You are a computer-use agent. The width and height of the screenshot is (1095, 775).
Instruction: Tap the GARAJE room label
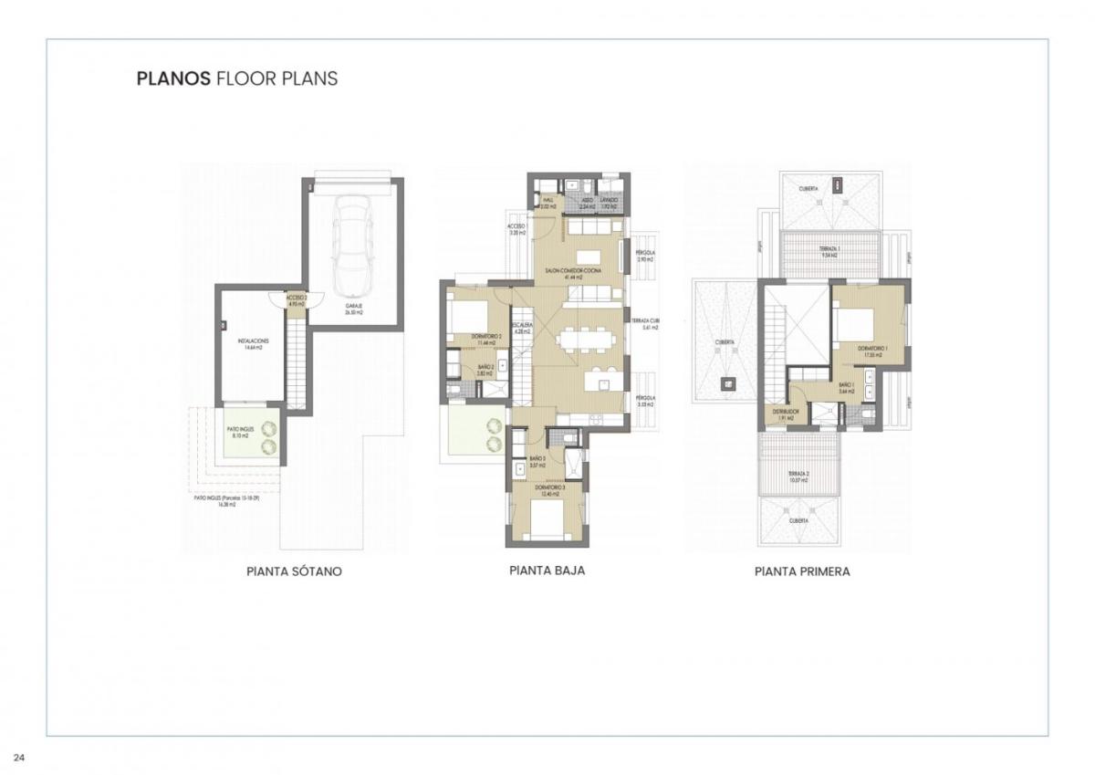coord(354,309)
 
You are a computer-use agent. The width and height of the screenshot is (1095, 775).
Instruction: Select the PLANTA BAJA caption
coord(547,571)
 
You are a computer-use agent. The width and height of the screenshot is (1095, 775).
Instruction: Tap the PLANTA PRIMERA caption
coord(802,572)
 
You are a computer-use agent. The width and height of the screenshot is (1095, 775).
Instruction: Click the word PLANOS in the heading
coord(172,79)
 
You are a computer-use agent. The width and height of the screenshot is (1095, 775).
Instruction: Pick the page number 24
coord(19,757)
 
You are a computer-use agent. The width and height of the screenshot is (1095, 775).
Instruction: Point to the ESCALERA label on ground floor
coord(523,328)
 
